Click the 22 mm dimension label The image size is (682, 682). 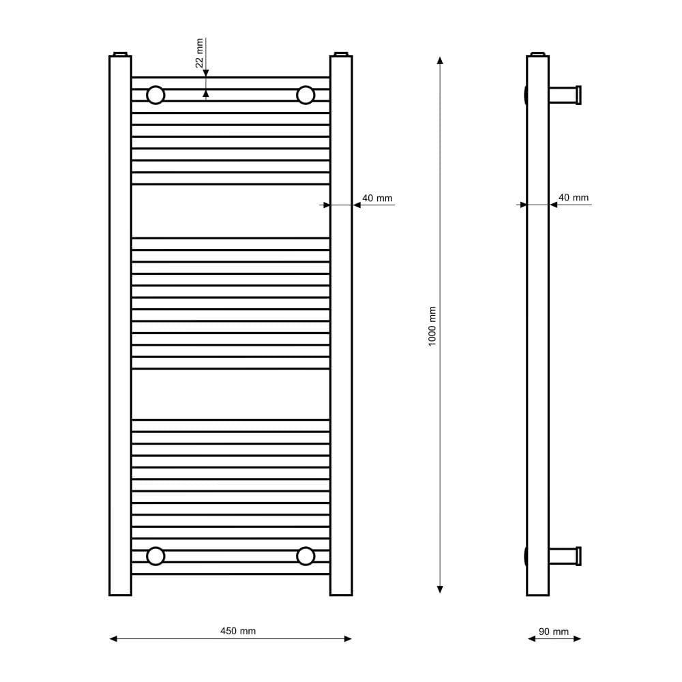tap(200, 53)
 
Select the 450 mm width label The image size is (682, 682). tap(238, 631)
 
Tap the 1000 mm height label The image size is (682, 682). tap(432, 326)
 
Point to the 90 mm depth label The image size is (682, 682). tap(554, 632)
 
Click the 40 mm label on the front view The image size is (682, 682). tap(377, 198)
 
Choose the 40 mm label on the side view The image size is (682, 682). tap(574, 198)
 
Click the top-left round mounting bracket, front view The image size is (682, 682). tap(155, 95)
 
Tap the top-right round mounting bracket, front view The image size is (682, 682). tap(306, 95)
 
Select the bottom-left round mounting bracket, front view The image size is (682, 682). tap(155, 557)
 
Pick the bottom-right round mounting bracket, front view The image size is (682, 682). tap(306, 557)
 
